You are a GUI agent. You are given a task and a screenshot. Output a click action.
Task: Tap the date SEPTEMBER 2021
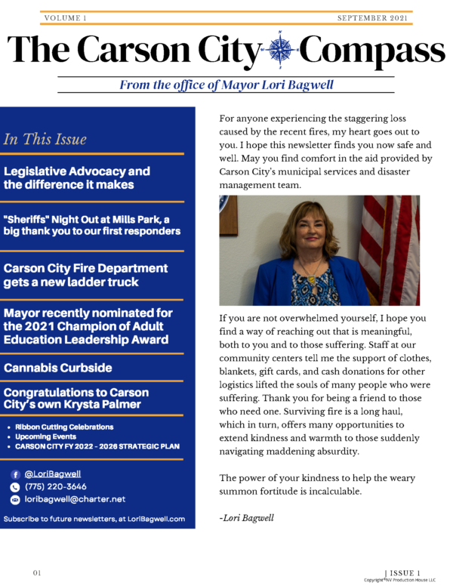(x=372, y=17)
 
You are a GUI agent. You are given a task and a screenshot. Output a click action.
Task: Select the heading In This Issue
(x=45, y=139)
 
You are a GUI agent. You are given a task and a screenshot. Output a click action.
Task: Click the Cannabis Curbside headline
(x=57, y=368)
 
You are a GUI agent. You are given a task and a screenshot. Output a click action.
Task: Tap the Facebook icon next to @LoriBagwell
(x=15, y=473)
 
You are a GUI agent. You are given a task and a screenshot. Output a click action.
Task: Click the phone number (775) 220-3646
(x=55, y=486)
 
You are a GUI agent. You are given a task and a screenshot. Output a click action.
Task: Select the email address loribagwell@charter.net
(x=75, y=499)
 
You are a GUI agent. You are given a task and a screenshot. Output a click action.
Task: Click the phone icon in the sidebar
(x=15, y=486)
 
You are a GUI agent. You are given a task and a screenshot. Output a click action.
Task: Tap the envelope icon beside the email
(x=15, y=499)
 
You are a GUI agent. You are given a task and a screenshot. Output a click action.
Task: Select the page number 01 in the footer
(x=36, y=573)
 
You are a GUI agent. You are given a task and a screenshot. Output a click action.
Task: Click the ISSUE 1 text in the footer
(x=404, y=573)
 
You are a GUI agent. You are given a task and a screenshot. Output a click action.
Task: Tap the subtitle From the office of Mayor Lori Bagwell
(x=225, y=85)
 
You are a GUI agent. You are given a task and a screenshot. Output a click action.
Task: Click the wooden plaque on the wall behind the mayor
(x=228, y=214)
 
